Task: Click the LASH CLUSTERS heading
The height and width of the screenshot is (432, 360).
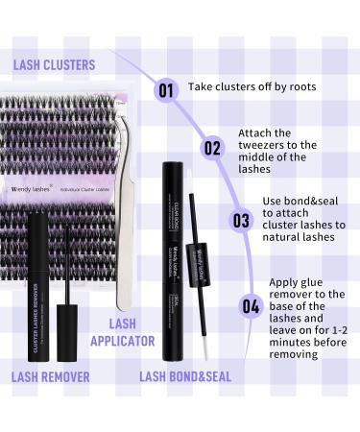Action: [54, 65]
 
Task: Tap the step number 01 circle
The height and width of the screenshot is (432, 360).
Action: [166, 91]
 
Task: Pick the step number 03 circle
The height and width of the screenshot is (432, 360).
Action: [240, 219]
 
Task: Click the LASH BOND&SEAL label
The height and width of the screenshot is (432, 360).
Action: [185, 376]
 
